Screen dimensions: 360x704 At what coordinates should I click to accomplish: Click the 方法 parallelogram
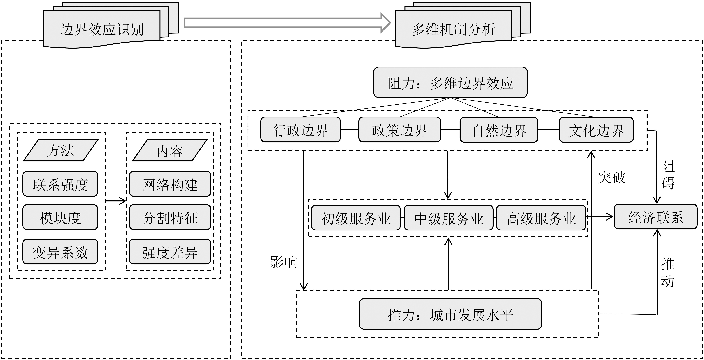(61, 150)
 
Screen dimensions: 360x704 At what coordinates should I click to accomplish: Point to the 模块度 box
(60, 217)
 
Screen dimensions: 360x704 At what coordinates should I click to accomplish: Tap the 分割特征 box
(170, 217)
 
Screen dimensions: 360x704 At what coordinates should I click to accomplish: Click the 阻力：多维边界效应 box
(450, 82)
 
